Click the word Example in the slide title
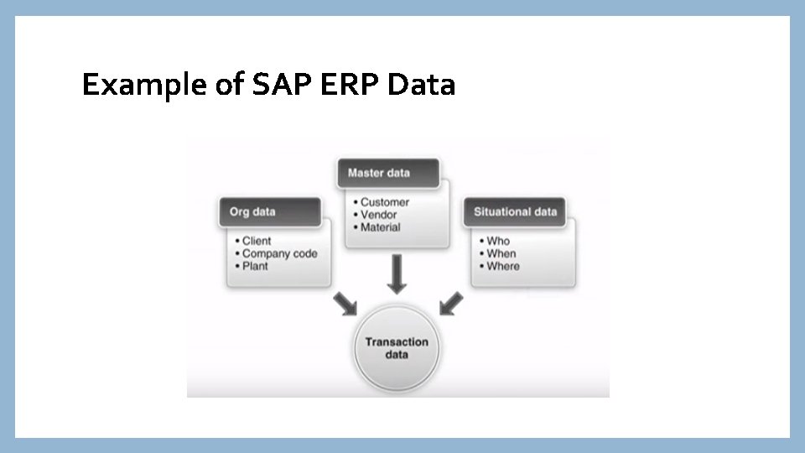(134, 86)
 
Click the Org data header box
(270, 211)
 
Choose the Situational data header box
(515, 211)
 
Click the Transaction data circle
(397, 348)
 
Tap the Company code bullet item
(279, 253)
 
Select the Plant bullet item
(255, 266)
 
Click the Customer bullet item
(384, 202)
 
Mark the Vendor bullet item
(378, 215)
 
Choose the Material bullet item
(380, 227)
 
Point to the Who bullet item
(497, 241)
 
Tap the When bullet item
(501, 253)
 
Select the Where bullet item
(502, 266)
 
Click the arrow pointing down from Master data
(397, 275)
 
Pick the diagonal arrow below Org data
(344, 304)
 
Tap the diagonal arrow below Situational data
(450, 304)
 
